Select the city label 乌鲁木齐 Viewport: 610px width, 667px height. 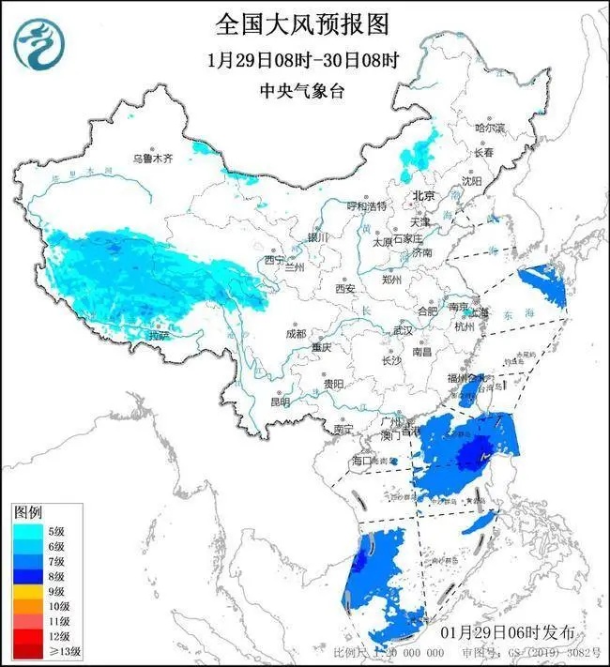pos(152,159)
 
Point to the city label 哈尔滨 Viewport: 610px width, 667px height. pos(490,128)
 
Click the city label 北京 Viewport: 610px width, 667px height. pos(424,196)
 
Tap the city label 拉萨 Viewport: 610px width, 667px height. pos(160,335)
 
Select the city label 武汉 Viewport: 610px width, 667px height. pos(404,330)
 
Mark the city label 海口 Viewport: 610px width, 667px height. pos(362,462)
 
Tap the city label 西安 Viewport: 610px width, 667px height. pos(344,289)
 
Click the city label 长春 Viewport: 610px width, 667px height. pos(483,152)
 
